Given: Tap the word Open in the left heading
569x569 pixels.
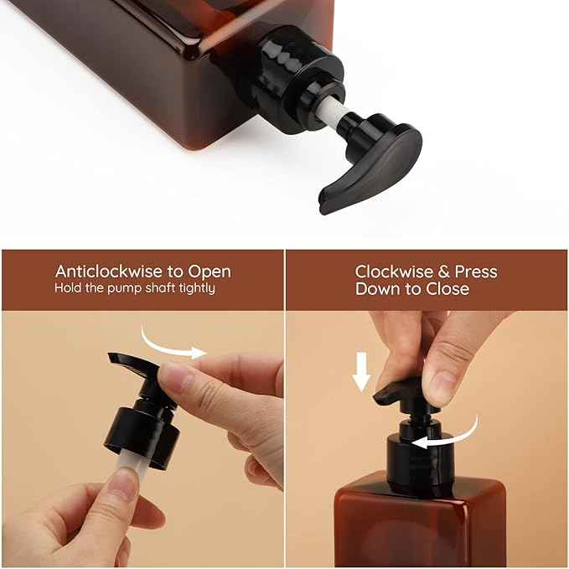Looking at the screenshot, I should point(209,272).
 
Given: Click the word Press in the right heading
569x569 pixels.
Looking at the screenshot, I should point(477,272).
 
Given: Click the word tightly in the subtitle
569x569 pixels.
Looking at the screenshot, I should point(196,288).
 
